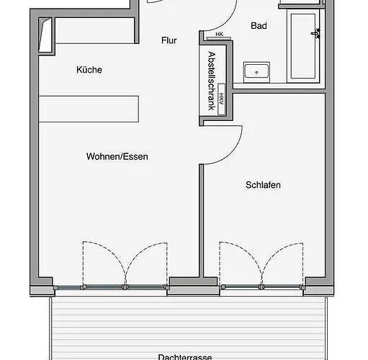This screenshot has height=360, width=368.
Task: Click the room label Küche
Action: click(x=89, y=70)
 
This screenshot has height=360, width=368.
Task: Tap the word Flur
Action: click(x=169, y=41)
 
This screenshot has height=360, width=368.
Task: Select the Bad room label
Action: click(x=259, y=26)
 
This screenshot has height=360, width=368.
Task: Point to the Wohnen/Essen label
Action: click(x=117, y=156)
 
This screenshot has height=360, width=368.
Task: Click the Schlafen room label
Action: click(x=263, y=185)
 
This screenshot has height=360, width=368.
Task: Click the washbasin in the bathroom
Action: click(x=256, y=71)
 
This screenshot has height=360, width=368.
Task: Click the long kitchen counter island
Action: click(x=89, y=107)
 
